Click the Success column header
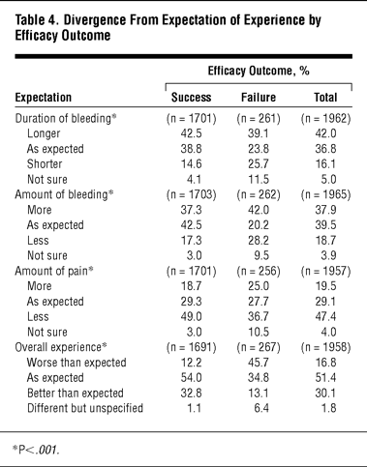191,97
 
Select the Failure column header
259,97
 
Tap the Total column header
325,97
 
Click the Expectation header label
44,98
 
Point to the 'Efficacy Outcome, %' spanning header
259,71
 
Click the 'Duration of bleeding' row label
63,118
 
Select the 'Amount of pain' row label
51,271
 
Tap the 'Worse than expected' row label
76,363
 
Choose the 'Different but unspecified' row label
85,408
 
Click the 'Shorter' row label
45,163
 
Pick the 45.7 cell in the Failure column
259,363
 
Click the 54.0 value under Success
191,377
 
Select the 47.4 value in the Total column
325,316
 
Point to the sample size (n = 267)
259,347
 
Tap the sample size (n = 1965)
325,194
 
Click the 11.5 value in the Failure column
259,179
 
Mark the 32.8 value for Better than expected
191,393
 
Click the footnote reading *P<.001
36,450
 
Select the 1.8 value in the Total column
328,408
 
